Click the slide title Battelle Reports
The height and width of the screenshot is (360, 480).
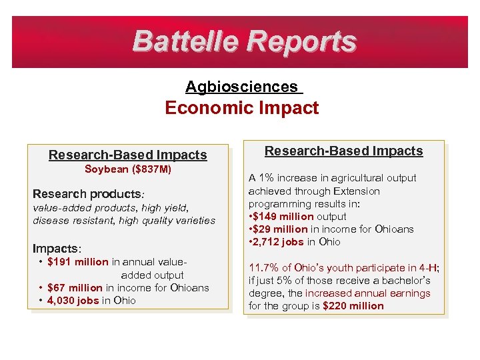click(x=244, y=41)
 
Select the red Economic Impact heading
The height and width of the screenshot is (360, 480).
click(x=242, y=108)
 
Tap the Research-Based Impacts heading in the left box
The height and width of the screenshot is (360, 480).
click(x=128, y=155)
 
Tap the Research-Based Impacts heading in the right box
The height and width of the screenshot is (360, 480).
click(x=344, y=151)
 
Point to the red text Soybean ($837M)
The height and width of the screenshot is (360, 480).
click(x=128, y=169)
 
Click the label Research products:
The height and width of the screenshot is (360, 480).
click(x=88, y=194)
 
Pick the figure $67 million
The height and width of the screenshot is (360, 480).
click(x=75, y=288)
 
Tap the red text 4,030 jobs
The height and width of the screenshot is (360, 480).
click(x=73, y=301)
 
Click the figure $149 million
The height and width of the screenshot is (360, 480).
click(x=283, y=217)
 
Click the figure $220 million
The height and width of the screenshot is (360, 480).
click(x=353, y=306)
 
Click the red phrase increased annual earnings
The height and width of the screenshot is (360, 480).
click(x=368, y=293)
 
